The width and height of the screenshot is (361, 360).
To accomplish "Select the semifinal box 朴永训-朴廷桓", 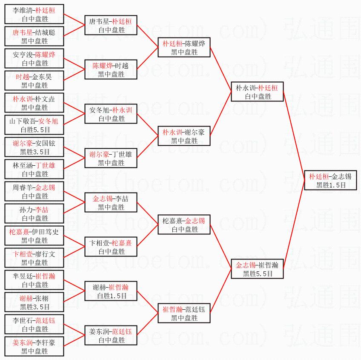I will click(257, 92).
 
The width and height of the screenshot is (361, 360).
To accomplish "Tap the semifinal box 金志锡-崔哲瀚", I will click(257, 269).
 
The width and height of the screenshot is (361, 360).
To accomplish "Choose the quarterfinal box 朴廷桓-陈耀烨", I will click(184, 48).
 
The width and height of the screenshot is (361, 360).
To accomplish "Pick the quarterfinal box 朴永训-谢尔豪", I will click(184, 136).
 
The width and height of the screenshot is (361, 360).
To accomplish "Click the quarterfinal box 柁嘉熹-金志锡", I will click(184, 225).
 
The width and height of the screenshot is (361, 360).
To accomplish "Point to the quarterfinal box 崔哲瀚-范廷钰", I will click(184, 314).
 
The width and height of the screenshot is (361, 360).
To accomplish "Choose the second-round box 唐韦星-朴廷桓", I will click(111, 26).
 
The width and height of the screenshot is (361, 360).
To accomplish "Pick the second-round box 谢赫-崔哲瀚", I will click(111, 291).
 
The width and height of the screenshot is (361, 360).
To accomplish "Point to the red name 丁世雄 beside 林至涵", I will click(45, 165).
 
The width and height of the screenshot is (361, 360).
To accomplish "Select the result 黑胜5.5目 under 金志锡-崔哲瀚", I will click(257, 274).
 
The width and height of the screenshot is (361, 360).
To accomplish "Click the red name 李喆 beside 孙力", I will click(42, 210).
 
